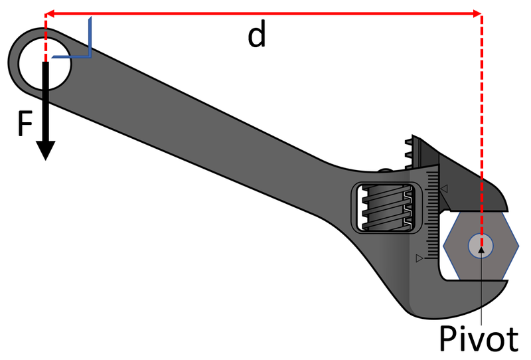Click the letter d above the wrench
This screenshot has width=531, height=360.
[x=257, y=37]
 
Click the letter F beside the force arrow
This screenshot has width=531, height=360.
[x=25, y=124]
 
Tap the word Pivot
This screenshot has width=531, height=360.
[x=479, y=338]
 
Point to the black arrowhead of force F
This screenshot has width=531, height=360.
[x=46, y=150]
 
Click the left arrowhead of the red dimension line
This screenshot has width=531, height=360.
[x=49, y=14]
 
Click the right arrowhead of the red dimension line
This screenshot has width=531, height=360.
[x=477, y=14]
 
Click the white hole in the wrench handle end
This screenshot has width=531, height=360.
[x=44, y=64]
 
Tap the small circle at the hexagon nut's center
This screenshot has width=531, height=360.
[x=481, y=245]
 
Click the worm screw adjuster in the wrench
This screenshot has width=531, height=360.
[x=387, y=208]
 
